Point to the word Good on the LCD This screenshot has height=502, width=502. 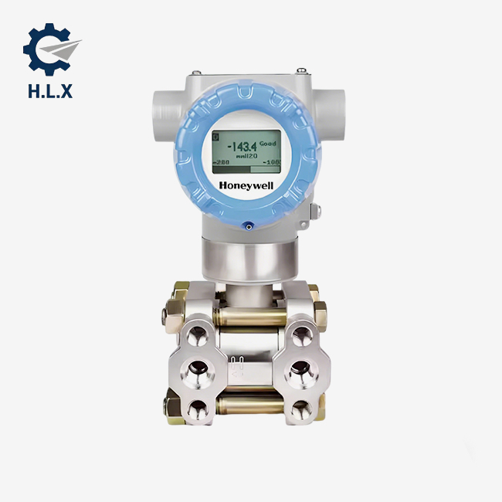[267, 144]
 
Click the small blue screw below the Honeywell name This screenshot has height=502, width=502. [247, 226]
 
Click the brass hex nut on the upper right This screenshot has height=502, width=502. [317, 313]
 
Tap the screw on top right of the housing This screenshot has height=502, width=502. [303, 72]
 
